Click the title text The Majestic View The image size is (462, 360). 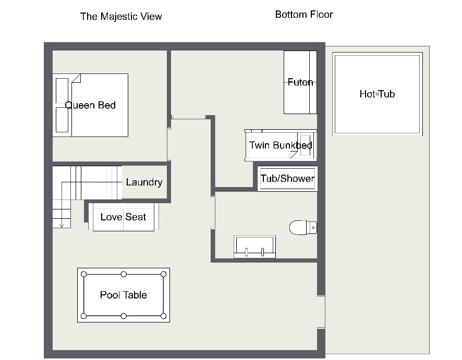(121, 16)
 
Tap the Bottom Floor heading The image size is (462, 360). (304, 14)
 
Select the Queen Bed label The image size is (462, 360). (90, 105)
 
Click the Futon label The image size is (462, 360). (300, 82)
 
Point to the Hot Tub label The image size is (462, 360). (377, 94)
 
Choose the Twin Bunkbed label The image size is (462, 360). (281, 145)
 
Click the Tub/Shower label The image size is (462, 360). (287, 179)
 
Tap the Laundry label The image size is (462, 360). (144, 182)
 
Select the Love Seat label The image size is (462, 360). (123, 217)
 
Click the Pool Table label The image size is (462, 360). (124, 295)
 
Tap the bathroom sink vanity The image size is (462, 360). (254, 247)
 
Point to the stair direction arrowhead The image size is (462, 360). (62, 225)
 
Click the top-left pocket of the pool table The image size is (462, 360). (83, 274)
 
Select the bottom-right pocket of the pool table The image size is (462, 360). (164, 316)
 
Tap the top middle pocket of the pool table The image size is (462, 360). (124, 274)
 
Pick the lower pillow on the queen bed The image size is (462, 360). (62, 119)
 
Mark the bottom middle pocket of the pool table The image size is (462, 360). (124, 316)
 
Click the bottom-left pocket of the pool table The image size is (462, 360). (83, 316)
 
